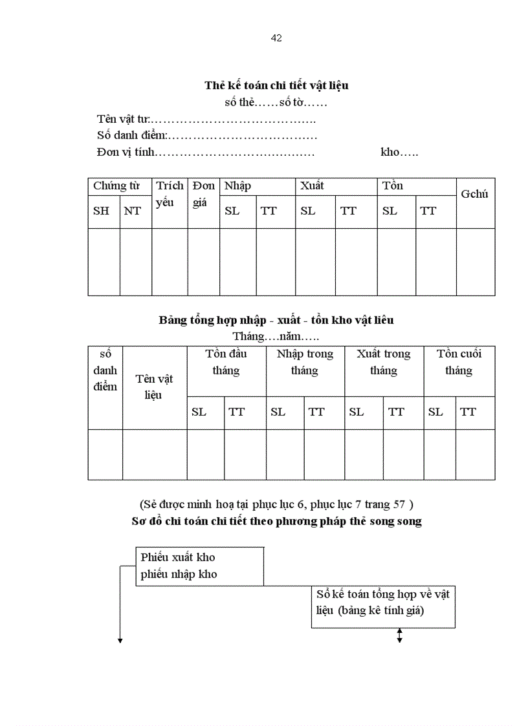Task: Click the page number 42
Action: (276, 38)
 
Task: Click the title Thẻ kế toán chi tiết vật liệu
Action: (276, 85)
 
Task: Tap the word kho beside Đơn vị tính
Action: (399, 153)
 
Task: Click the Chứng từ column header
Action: (116, 186)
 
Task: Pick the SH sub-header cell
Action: (102, 211)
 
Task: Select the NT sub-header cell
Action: (132, 211)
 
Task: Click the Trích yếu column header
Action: (170, 194)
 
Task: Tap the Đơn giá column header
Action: (204, 194)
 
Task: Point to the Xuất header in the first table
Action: (311, 186)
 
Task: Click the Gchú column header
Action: (474, 194)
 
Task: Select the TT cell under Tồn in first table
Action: (428, 211)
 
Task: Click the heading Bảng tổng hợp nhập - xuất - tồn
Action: (276, 320)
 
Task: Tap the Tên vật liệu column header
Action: (154, 387)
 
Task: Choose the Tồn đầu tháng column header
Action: (226, 362)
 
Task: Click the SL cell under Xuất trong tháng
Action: (357, 412)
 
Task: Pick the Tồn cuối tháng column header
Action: (459, 362)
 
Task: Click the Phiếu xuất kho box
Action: (199, 566)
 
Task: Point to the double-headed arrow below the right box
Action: (399, 636)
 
